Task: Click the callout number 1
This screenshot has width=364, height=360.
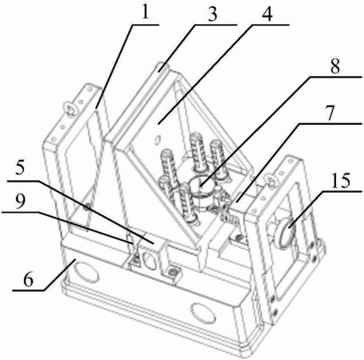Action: [145, 12]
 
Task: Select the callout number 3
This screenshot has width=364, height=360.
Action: [213, 14]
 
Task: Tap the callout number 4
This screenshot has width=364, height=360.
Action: [267, 14]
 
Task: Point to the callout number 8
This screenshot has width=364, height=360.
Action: [335, 66]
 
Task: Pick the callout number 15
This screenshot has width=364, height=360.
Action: [341, 181]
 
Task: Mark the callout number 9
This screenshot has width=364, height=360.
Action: [20, 202]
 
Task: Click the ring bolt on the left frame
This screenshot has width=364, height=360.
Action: [70, 109]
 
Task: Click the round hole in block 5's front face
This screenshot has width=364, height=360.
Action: [150, 259]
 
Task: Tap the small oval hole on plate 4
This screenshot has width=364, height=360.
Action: [157, 139]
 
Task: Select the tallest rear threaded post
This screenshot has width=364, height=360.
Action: [198, 151]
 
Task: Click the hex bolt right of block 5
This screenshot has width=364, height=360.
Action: [172, 273]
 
